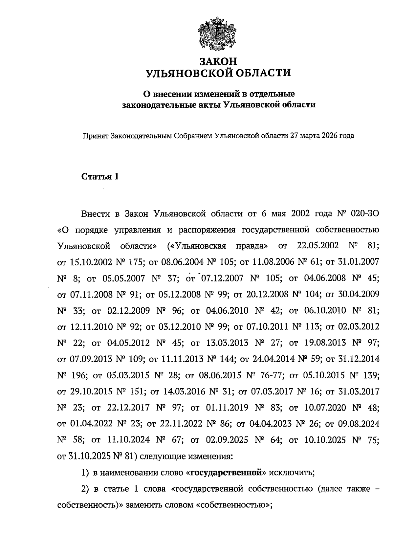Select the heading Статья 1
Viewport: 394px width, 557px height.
[x=100, y=177]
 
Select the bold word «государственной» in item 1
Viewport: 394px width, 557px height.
[x=228, y=472]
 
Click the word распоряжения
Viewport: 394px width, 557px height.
[x=207, y=230]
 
